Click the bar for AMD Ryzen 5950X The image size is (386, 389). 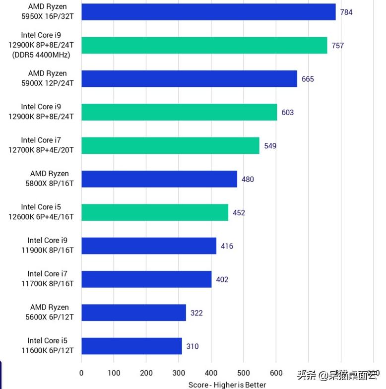pyautogui.click(x=208, y=12)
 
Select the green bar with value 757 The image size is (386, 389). pyautogui.click(x=204, y=45)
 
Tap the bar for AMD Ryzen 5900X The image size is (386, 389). pyautogui.click(x=189, y=79)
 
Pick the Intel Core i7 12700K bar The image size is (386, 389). pyautogui.click(x=170, y=145)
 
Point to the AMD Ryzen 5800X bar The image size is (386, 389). pyautogui.click(x=159, y=179)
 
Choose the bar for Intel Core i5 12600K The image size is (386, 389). pyautogui.click(x=155, y=212)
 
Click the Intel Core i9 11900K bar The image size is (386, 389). pyautogui.click(x=149, y=246)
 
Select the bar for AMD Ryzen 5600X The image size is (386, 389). pyautogui.click(x=133, y=313)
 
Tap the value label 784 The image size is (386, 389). pyautogui.click(x=346, y=12)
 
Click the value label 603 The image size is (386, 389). pyautogui.click(x=288, y=112)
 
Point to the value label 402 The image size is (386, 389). pyautogui.click(x=222, y=279)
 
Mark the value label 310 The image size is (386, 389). pyautogui.click(x=193, y=346)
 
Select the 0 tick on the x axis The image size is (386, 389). pyautogui.click(x=82, y=373)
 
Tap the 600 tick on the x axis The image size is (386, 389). pyautogui.click(x=276, y=373)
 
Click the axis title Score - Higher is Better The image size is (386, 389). pyautogui.click(x=227, y=385)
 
